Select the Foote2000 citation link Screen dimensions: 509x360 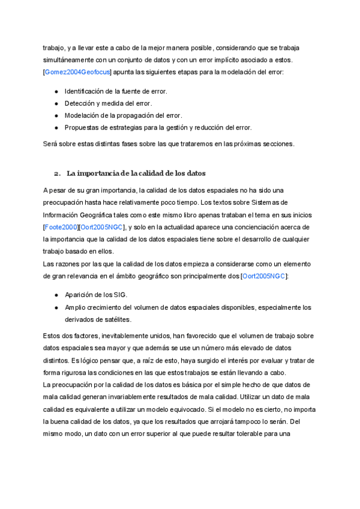(x=62, y=227)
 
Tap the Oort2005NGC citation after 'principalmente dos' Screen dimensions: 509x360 (x=264, y=276)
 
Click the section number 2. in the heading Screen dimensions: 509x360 (x=58, y=173)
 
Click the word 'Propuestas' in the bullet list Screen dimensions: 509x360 (x=83, y=127)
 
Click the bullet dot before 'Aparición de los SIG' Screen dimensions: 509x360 (x=56, y=295)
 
